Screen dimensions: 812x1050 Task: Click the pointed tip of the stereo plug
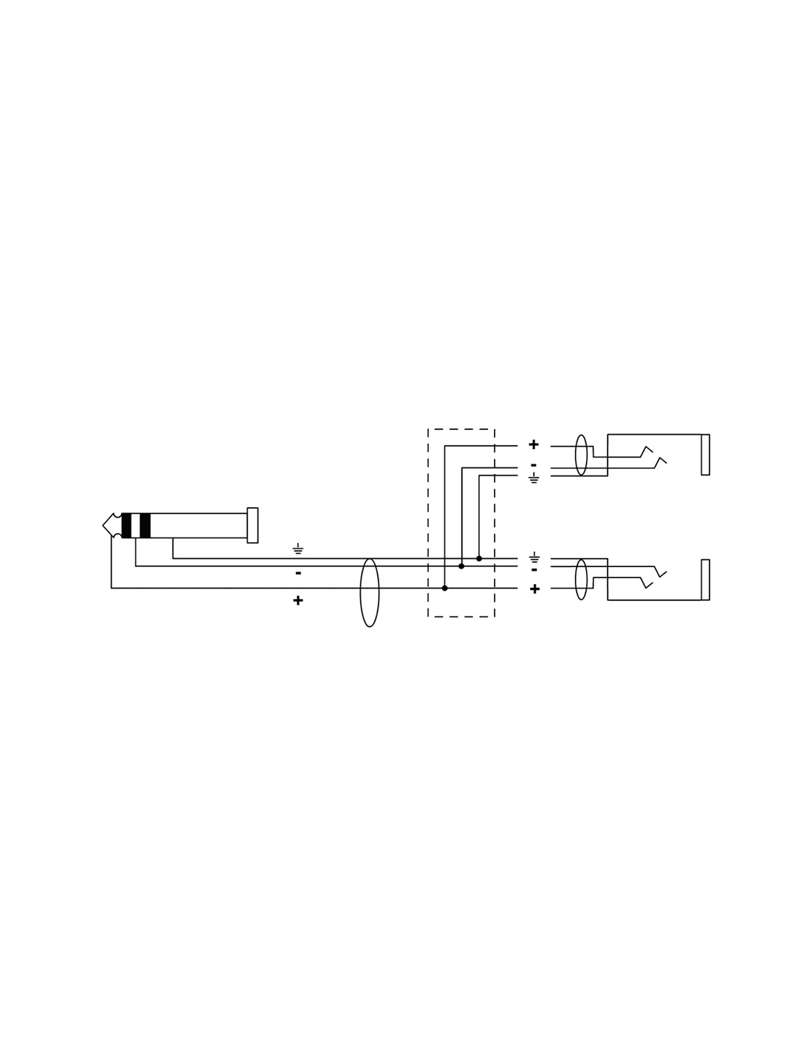(103, 525)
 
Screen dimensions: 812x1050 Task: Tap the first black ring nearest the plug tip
(126, 525)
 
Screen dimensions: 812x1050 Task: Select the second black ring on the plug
(145, 525)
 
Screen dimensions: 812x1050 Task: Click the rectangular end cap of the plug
(252, 525)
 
